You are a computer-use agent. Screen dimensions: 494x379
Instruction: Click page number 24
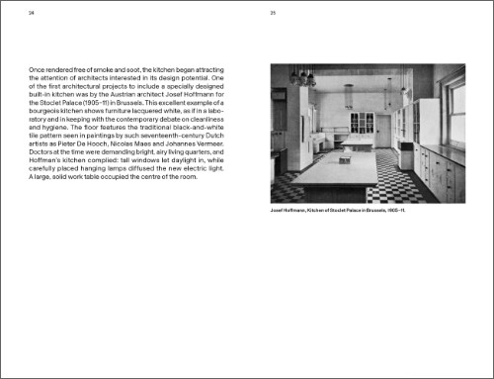30,14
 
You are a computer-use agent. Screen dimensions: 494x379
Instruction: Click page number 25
273,14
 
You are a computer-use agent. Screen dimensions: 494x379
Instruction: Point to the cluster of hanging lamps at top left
301,76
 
